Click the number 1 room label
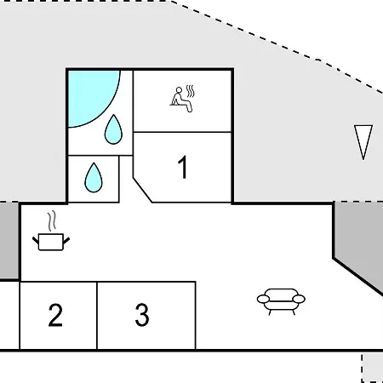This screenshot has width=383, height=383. [x=183, y=167]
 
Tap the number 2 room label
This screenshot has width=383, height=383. [x=55, y=315]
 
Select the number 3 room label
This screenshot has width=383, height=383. [x=142, y=314]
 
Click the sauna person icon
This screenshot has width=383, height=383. [x=181, y=100]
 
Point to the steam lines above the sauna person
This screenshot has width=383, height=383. [x=191, y=91]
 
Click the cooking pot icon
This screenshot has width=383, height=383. [x=51, y=242]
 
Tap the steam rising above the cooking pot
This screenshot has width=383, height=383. [x=51, y=220]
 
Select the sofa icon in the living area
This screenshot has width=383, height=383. [x=281, y=301]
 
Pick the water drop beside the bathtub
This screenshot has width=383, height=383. [x=113, y=130]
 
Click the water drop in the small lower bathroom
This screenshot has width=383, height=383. [x=94, y=178]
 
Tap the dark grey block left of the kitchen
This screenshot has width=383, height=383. [x=9, y=241]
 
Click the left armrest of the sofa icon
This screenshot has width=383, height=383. [x=263, y=299]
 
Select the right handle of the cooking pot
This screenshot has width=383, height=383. [x=66, y=241]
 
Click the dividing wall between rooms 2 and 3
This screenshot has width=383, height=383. [x=97, y=316]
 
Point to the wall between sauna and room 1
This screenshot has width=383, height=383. [x=182, y=132]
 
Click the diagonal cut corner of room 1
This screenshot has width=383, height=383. [x=142, y=190]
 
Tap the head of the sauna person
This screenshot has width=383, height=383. [x=179, y=90]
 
